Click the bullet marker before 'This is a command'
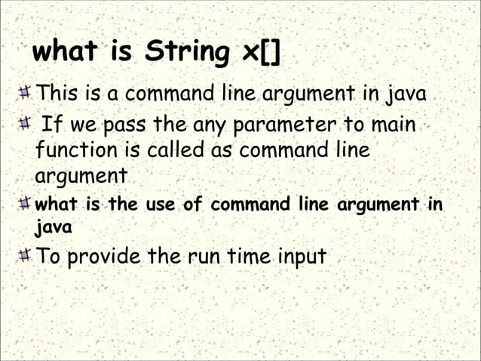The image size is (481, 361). coord(25,95)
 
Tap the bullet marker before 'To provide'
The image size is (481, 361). coord(25,255)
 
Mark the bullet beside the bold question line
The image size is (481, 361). coord(25,204)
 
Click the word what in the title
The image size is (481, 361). coord(64,54)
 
